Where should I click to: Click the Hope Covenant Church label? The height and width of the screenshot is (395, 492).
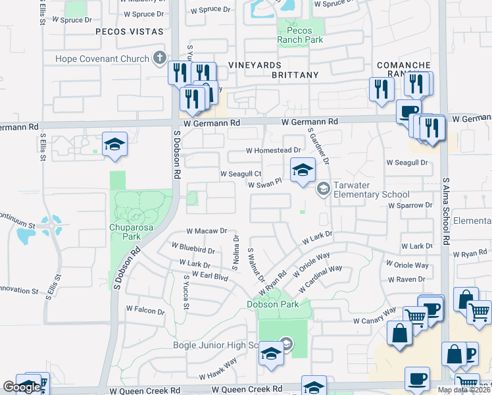(102, 59)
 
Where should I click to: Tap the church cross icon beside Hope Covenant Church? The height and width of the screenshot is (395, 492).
(159, 59)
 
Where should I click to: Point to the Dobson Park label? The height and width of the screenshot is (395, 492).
(273, 304)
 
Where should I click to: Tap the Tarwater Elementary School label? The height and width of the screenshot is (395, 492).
(371, 190)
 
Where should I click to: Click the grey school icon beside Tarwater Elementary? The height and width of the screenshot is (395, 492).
(323, 190)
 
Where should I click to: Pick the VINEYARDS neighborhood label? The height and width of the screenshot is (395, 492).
(255, 65)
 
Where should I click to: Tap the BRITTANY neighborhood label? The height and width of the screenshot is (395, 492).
(295, 75)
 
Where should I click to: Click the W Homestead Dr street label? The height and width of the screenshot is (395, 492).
(273, 151)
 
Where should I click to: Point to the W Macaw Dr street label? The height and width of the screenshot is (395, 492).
(206, 231)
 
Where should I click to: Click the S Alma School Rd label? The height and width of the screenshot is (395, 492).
(445, 211)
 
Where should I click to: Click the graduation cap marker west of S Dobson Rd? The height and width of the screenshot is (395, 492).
(114, 145)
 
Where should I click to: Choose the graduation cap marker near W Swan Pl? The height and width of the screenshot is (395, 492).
(302, 171)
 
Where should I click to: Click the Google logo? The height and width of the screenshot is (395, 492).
(21, 387)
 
